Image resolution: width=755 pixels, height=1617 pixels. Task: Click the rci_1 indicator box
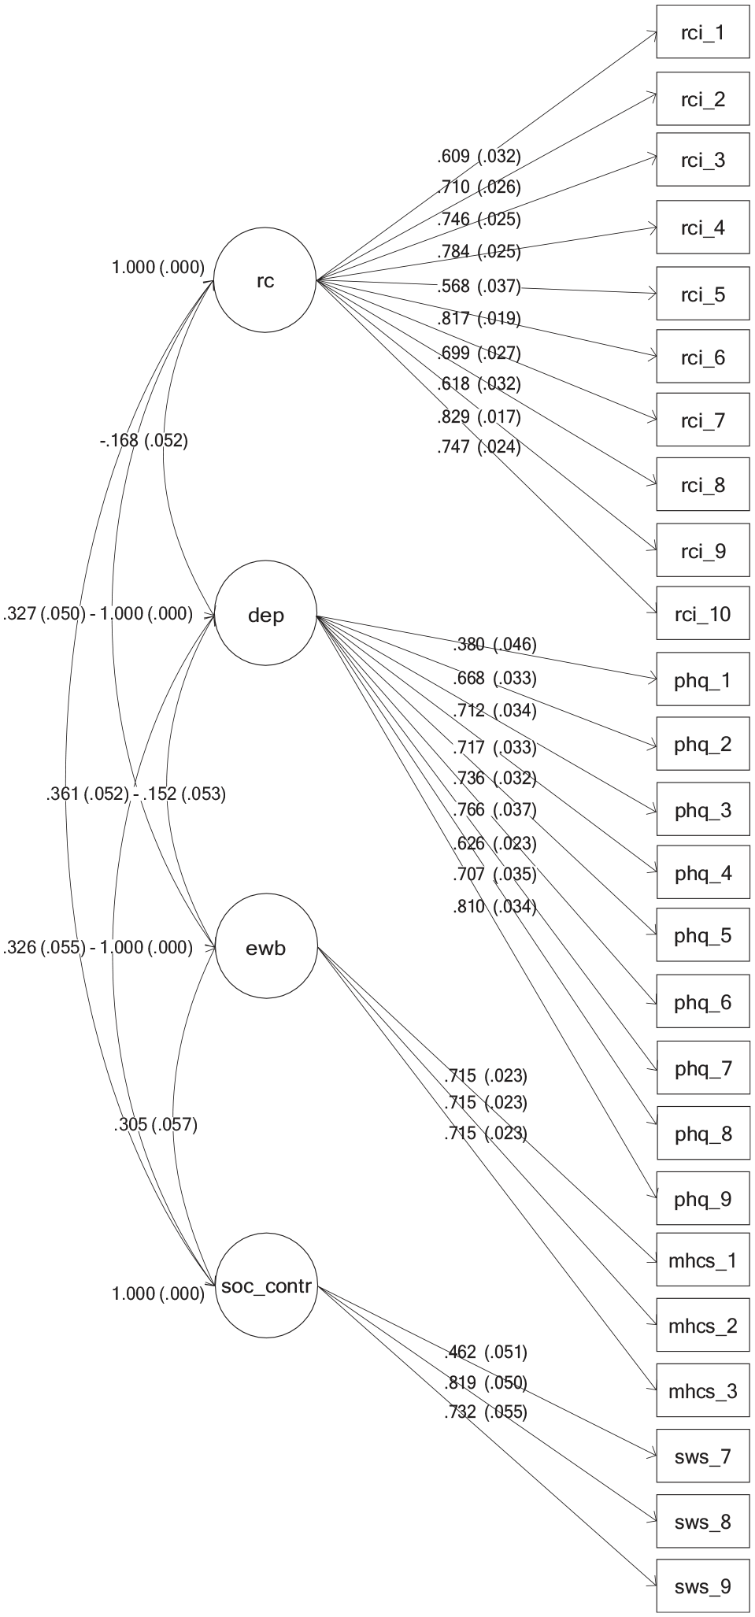(x=703, y=32)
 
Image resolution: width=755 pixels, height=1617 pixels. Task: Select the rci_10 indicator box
(x=703, y=614)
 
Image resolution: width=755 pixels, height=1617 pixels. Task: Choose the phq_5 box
(x=703, y=935)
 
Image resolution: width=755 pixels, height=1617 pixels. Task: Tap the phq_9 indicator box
(x=703, y=1199)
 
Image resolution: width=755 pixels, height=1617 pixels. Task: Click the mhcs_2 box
(x=703, y=1327)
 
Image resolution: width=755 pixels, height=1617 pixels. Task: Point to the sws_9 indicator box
(x=703, y=1586)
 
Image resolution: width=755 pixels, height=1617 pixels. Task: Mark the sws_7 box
(x=703, y=1456)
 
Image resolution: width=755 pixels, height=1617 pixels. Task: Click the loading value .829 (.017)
(x=479, y=416)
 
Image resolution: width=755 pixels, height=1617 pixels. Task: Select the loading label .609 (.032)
(x=479, y=156)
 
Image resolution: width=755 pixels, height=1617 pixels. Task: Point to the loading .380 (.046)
(x=494, y=646)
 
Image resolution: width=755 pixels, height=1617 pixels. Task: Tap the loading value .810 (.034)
(x=494, y=907)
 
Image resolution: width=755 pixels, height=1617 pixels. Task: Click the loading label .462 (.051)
(x=485, y=1352)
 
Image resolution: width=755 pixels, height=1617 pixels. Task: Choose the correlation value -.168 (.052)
(x=144, y=441)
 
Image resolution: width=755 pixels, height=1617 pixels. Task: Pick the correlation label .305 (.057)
(x=155, y=1124)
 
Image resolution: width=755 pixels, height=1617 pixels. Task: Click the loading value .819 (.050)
(x=485, y=1382)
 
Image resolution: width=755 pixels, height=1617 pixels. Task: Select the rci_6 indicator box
(x=703, y=357)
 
